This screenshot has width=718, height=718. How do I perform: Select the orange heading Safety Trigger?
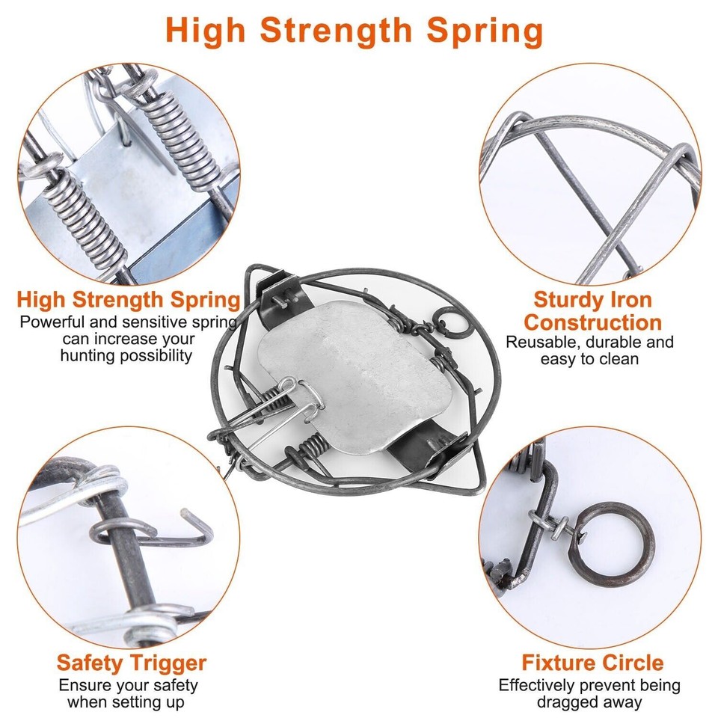[x=131, y=663]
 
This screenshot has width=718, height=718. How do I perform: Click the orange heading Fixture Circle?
[x=592, y=663]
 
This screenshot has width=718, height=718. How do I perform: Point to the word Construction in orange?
[x=592, y=322]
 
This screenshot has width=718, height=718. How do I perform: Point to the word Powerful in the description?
[x=51, y=322]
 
